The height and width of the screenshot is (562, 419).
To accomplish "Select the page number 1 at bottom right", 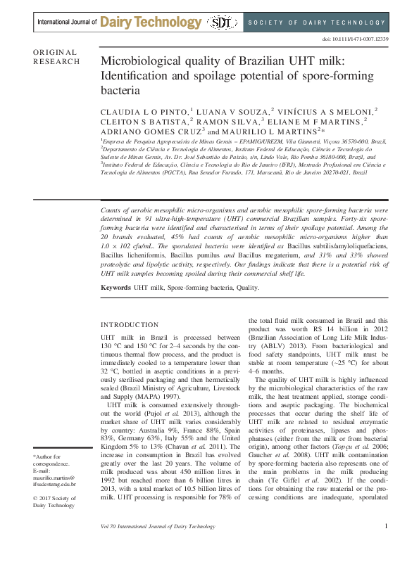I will [385, 546].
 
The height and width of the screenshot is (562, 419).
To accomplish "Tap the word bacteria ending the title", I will [122, 91].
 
